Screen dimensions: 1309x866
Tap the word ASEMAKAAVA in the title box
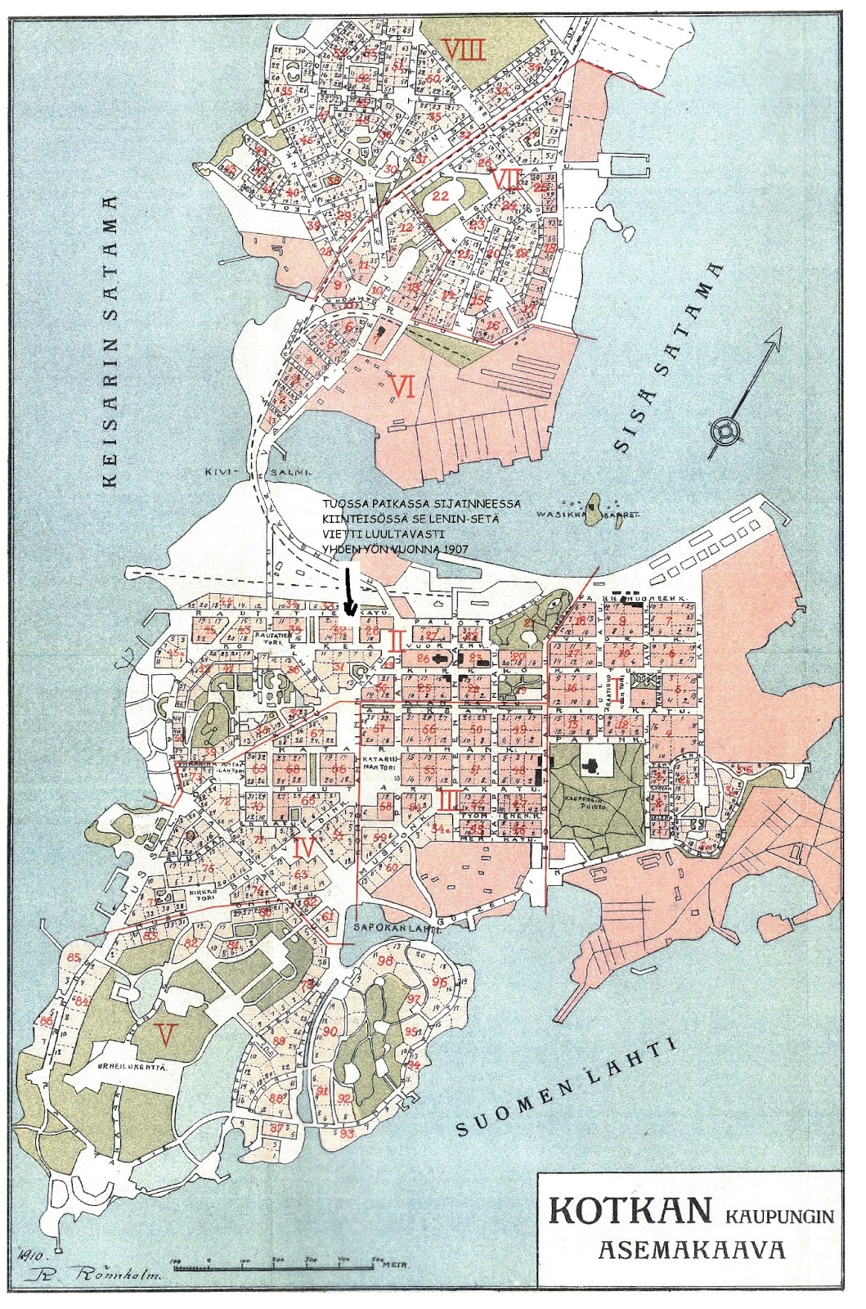pyautogui.click(x=692, y=1250)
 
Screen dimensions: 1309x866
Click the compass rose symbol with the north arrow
pyautogui.click(x=726, y=430)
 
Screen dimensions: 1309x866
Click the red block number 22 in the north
pyautogui.click(x=441, y=196)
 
